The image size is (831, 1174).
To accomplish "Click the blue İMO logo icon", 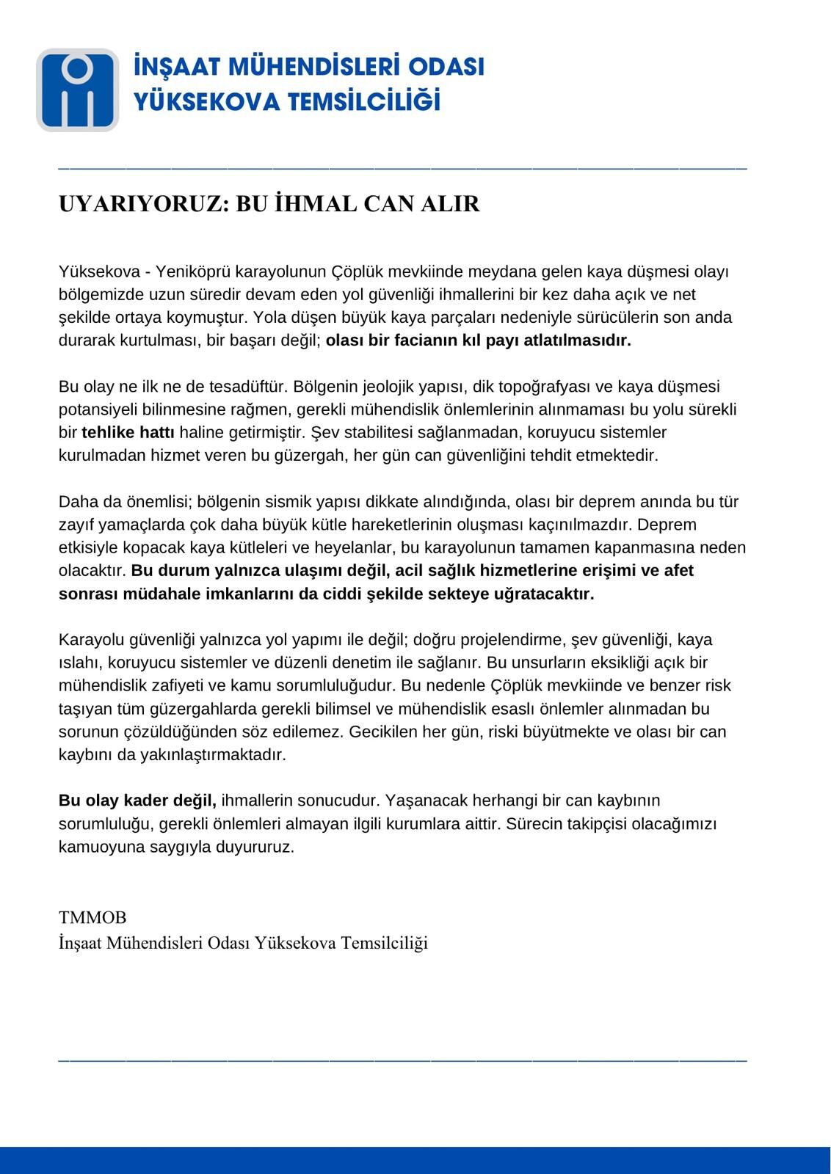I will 77,90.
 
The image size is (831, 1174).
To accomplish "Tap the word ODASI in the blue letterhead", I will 446,67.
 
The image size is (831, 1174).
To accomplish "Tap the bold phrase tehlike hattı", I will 128,432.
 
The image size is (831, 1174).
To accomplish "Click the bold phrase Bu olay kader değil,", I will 137,800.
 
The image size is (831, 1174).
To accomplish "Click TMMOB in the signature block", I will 92,917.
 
